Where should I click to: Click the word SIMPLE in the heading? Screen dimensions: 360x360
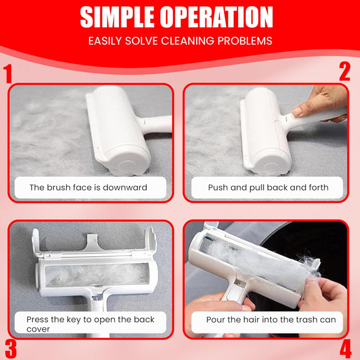tap(117, 17)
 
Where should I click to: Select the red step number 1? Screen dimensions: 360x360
tap(8, 73)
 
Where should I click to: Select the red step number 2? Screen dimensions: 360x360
tap(345, 72)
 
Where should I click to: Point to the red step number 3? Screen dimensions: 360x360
tap(11, 349)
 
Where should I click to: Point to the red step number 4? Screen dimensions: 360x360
tap(346, 351)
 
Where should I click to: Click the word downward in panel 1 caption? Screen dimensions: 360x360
tap(125, 187)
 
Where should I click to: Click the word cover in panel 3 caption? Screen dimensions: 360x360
tap(38, 329)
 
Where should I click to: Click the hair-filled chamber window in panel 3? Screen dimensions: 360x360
tap(97, 275)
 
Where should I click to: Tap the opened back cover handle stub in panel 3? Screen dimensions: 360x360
tap(93, 242)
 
